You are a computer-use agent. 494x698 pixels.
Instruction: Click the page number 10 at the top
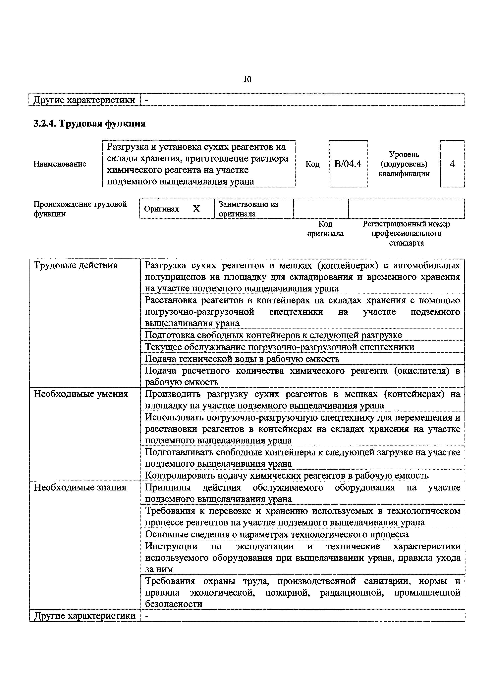247,79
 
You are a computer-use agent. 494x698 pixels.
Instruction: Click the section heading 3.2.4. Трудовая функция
89,123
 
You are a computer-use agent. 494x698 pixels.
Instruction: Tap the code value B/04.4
348,164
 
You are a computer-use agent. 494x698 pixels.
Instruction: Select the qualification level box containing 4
452,164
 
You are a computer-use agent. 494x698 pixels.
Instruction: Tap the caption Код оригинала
325,229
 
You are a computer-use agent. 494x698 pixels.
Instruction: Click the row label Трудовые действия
76,265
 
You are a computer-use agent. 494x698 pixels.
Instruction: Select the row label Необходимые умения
81,394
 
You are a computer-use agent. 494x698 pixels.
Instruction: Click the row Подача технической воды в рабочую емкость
242,359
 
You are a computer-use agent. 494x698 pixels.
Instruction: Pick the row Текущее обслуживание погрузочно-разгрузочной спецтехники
279,347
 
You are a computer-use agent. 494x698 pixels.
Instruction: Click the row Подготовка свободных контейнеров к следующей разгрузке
273,335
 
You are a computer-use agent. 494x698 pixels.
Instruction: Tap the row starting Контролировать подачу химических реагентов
287,476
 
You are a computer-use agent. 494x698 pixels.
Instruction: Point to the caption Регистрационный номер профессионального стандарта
406,233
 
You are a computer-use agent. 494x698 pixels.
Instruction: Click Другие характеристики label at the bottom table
85,616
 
